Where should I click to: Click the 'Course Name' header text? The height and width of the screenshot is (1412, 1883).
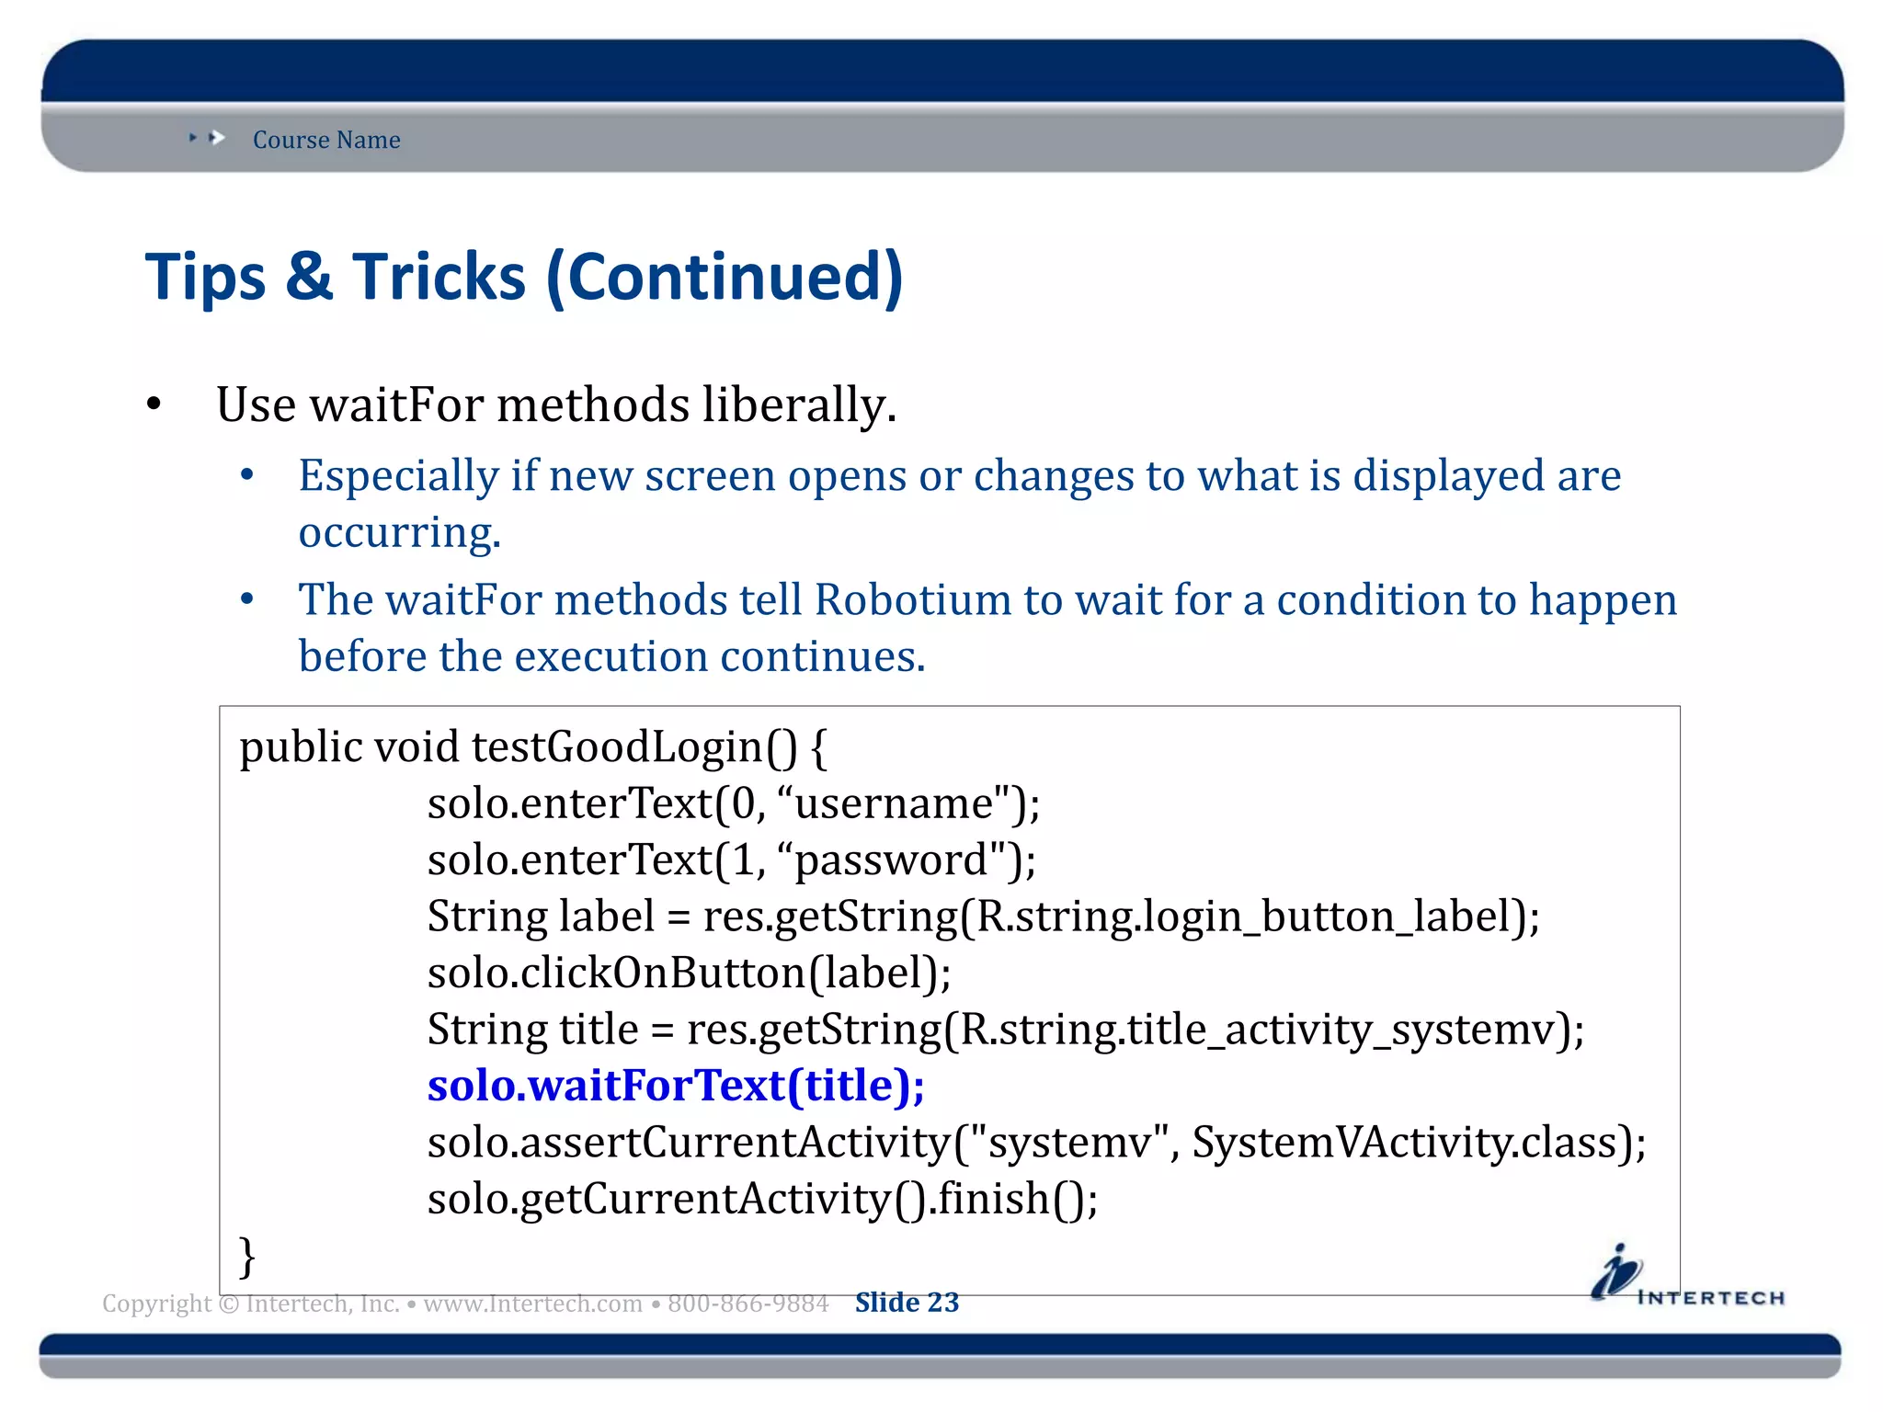(x=326, y=140)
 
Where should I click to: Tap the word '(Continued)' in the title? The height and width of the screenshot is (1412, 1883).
(x=725, y=277)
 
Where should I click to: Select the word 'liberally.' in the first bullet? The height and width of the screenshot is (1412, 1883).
(x=799, y=405)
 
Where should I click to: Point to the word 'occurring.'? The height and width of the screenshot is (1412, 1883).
(x=400, y=533)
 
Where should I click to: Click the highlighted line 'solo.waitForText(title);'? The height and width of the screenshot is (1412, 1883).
(x=676, y=1086)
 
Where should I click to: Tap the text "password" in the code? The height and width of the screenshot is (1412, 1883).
(x=891, y=860)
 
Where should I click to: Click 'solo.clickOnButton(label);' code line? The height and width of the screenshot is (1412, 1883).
(x=690, y=973)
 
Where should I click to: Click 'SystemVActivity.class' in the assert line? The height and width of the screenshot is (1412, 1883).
(x=1407, y=1143)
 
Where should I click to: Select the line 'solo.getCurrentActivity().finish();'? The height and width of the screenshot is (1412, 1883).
(x=762, y=1199)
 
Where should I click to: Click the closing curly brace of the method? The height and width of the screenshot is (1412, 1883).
(x=246, y=1257)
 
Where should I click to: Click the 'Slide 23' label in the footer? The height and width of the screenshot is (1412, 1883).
(x=907, y=1303)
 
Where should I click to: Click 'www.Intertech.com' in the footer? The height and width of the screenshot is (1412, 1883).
(x=532, y=1304)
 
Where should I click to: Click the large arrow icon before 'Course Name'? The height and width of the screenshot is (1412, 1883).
(x=217, y=138)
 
